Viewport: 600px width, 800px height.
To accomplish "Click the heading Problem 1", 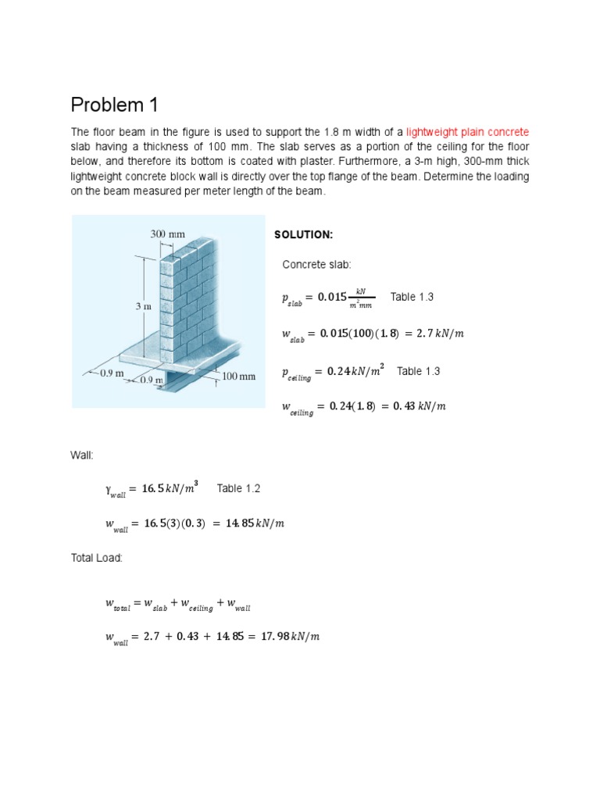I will pyautogui.click(x=116, y=105).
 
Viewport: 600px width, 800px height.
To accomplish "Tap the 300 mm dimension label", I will pyautogui.click(x=167, y=233).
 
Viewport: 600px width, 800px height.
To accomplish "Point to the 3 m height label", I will pyautogui.click(x=143, y=307).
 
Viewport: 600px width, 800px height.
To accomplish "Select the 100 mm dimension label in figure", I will pyautogui.click(x=239, y=376).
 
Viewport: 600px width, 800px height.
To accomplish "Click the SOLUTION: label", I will pyautogui.click(x=303, y=235).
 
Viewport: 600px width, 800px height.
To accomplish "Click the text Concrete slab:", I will pyautogui.click(x=311, y=266).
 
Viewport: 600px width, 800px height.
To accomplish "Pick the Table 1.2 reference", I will pyautogui.click(x=238, y=488).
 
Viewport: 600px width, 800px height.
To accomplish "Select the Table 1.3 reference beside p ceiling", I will pyautogui.click(x=418, y=371).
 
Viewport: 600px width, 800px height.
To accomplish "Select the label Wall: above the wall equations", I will pyautogui.click(x=82, y=454).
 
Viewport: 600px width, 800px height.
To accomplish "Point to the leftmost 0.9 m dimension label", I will pyautogui.click(x=112, y=373).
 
